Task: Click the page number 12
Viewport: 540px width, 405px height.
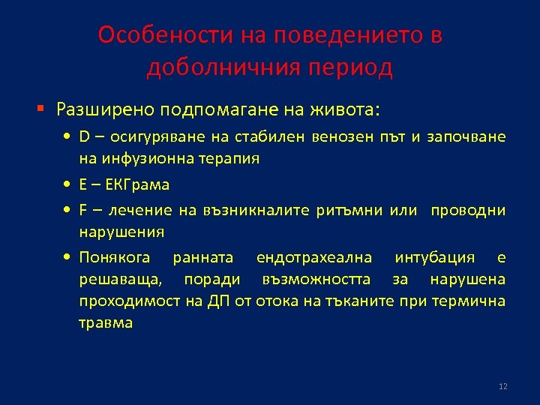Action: (x=502, y=386)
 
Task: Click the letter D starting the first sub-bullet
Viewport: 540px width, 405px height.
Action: (x=84, y=136)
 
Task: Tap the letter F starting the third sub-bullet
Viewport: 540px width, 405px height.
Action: (x=83, y=211)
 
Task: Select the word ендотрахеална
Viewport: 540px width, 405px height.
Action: (x=313, y=258)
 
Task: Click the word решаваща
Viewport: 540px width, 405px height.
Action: (x=118, y=280)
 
